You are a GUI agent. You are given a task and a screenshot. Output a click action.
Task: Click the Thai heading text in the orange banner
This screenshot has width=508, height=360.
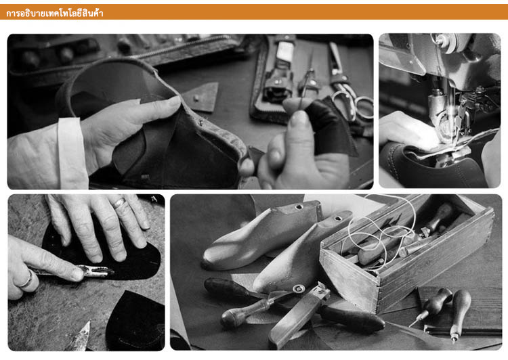(x=54, y=13)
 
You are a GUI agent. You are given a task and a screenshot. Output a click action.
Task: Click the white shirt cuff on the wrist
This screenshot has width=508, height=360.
(x=72, y=153)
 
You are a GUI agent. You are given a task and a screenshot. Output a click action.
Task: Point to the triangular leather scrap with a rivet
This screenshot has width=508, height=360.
(x=201, y=97)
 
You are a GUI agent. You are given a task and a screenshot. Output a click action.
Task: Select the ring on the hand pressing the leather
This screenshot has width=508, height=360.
(x=119, y=203)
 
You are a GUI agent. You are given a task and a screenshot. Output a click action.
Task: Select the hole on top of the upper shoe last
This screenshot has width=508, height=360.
(x=299, y=206)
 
